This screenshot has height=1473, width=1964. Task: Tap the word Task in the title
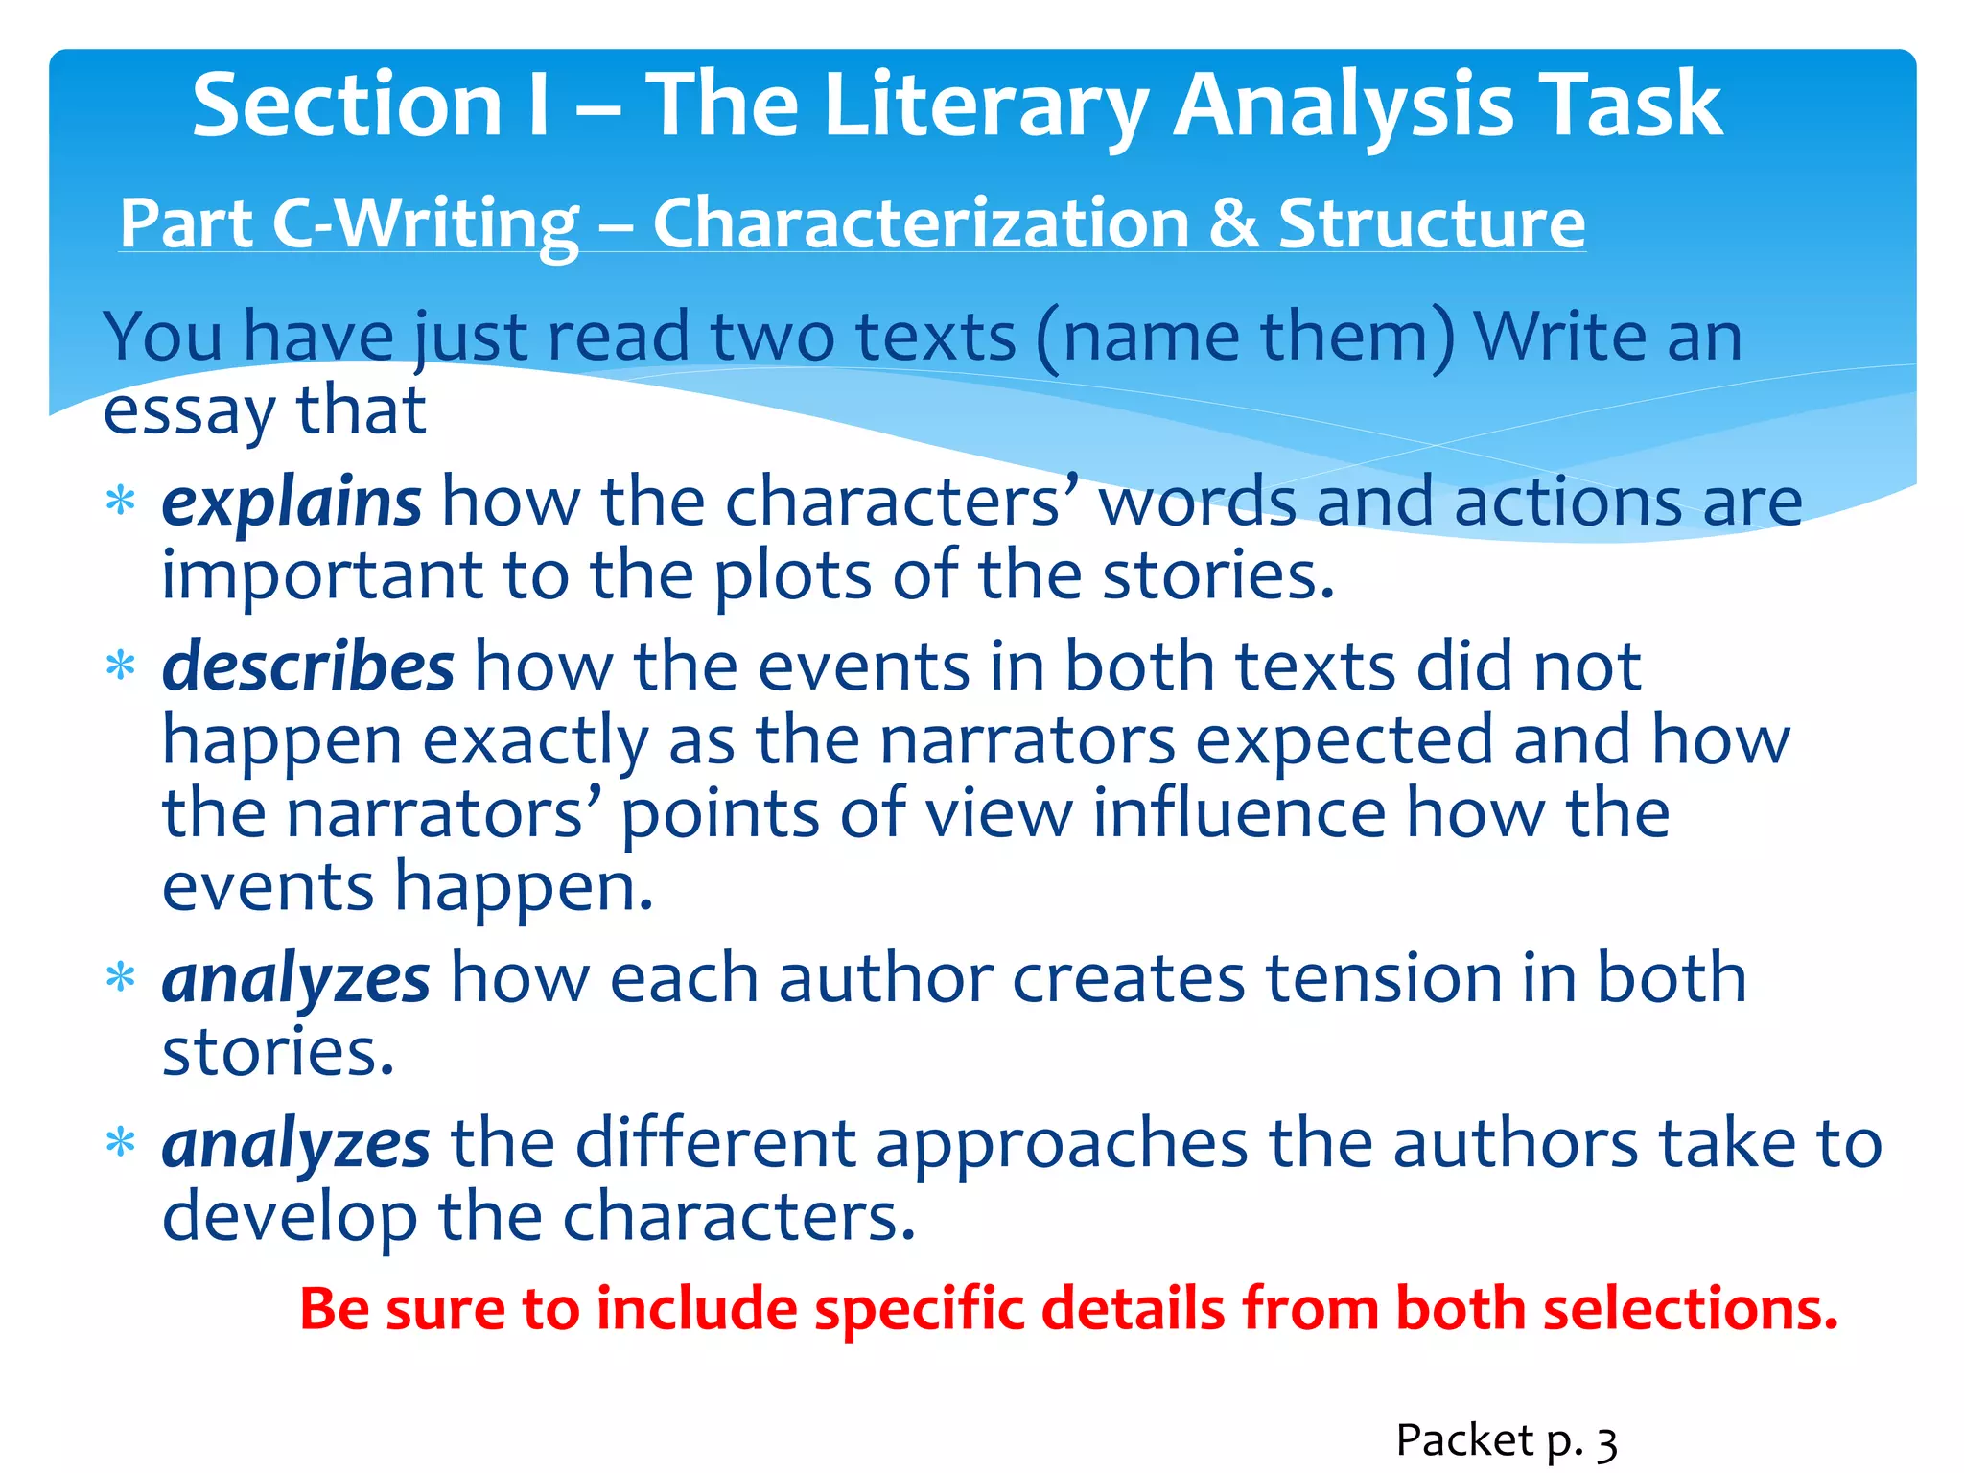(1629, 105)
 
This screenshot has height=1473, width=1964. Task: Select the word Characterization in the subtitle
(921, 223)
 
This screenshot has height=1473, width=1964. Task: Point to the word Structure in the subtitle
(1431, 223)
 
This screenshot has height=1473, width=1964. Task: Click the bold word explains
(291, 502)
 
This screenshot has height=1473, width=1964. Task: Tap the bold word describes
(308, 666)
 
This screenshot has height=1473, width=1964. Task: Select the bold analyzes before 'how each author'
(295, 979)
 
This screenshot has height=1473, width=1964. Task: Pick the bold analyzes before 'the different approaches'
(295, 1144)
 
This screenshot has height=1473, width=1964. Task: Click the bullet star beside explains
(121, 502)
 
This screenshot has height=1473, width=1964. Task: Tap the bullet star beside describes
(121, 666)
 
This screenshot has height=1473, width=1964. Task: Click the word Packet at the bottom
(1464, 1440)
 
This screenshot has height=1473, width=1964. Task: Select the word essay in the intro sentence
(188, 412)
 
